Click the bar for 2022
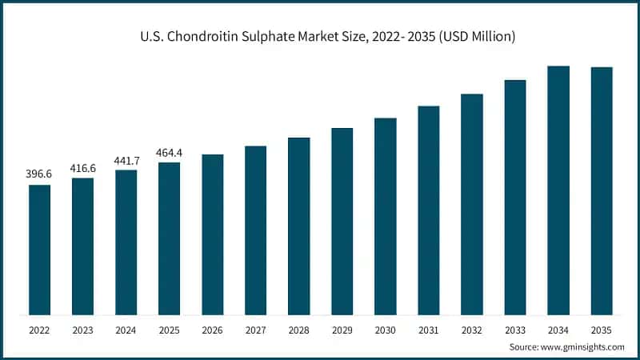coord(40,250)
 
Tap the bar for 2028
coord(299,226)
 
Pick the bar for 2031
coord(429,210)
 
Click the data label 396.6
coord(40,174)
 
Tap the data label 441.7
coord(126,160)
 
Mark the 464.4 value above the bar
coord(170,152)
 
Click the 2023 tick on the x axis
coord(83,330)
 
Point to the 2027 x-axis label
coord(256,330)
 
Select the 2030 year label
coord(386,330)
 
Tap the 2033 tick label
coord(515,330)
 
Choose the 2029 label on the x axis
coord(342,330)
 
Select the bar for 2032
coord(472,205)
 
